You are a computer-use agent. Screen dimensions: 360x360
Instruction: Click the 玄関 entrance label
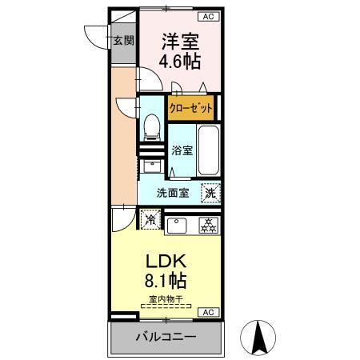(x=122, y=41)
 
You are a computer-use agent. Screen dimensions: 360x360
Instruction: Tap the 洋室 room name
(x=182, y=40)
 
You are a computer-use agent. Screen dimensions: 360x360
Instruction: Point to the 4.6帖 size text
(x=182, y=60)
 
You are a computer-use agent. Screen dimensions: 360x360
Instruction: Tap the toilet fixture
(x=151, y=126)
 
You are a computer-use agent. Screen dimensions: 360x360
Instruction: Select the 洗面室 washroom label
(x=172, y=192)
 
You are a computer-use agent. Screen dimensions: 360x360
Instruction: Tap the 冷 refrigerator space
(x=150, y=218)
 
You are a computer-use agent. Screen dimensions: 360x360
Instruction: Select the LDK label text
(x=166, y=262)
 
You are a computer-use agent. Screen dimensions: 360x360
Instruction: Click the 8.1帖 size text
(x=166, y=282)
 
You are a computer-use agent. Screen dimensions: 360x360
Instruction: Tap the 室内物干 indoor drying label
(x=166, y=299)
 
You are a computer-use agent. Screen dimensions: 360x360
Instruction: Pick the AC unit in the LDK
(x=206, y=312)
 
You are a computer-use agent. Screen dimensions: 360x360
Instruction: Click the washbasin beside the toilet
(x=151, y=166)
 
